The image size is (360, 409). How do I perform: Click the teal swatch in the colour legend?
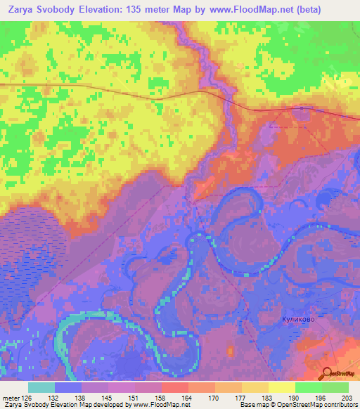[x=41, y=387]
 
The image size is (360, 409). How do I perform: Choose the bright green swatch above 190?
[x=308, y=387]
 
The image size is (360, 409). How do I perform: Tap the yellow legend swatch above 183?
[x=281, y=387]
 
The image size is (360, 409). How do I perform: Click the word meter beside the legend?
[x=11, y=398]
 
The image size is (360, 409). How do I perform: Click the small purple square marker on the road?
[x=302, y=108]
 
